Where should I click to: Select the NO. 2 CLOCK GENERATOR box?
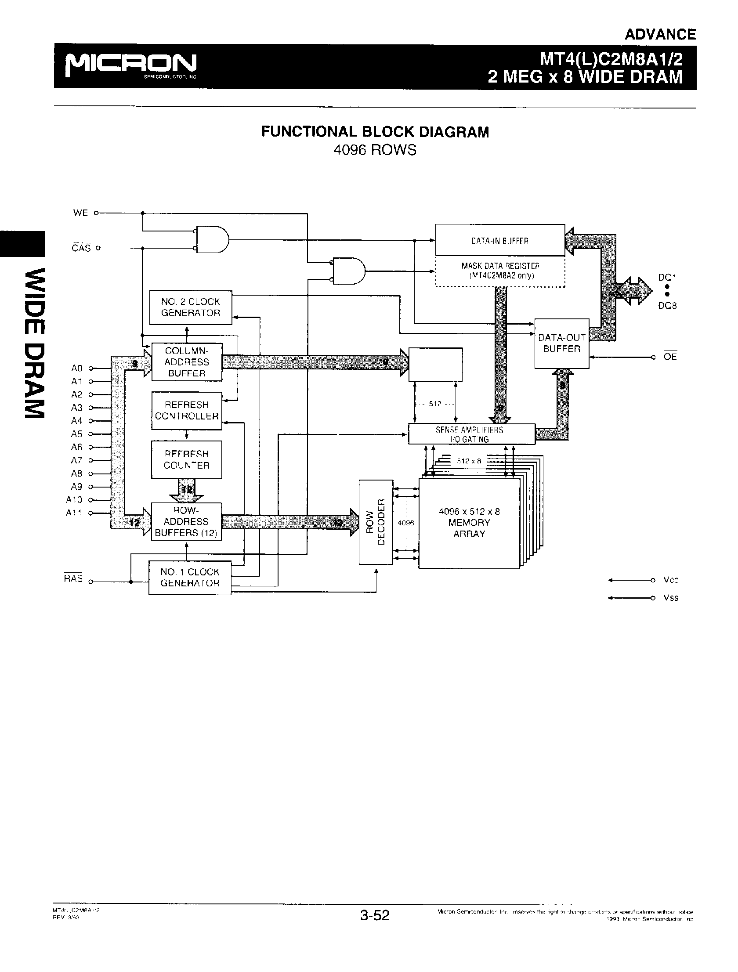pos(190,307)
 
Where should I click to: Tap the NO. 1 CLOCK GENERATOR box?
pos(190,578)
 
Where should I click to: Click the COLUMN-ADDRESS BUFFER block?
pos(187,362)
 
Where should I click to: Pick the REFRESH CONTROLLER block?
pos(187,410)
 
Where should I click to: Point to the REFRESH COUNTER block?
pos(187,459)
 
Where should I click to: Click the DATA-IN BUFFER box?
pos(500,240)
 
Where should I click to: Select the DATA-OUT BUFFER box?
pos(561,343)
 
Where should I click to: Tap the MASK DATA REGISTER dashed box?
pos(500,271)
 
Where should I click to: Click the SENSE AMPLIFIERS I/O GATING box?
pos(471,434)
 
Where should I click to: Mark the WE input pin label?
pos(80,213)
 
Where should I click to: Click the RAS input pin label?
pos(73,578)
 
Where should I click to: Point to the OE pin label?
pos(670,357)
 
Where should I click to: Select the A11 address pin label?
pos(74,513)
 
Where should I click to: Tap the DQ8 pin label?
pos(667,306)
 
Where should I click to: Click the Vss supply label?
pos(671,598)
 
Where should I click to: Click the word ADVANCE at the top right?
pos(660,34)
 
